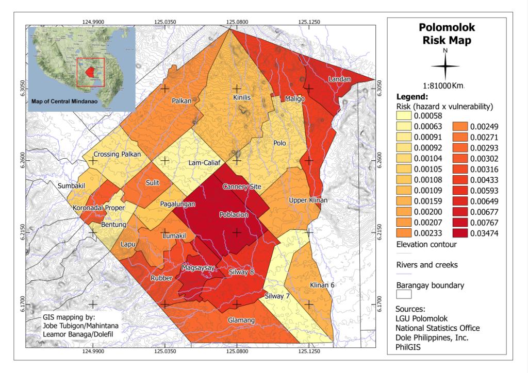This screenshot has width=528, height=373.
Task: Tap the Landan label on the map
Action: click(x=340, y=79)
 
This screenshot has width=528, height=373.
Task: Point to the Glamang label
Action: click(x=241, y=320)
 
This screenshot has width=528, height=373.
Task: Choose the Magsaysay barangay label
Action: click(x=198, y=268)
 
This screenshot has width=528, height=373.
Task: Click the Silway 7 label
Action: click(x=277, y=296)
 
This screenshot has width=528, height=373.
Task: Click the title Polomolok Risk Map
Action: click(x=447, y=33)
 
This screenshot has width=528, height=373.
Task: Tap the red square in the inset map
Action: click(x=91, y=72)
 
